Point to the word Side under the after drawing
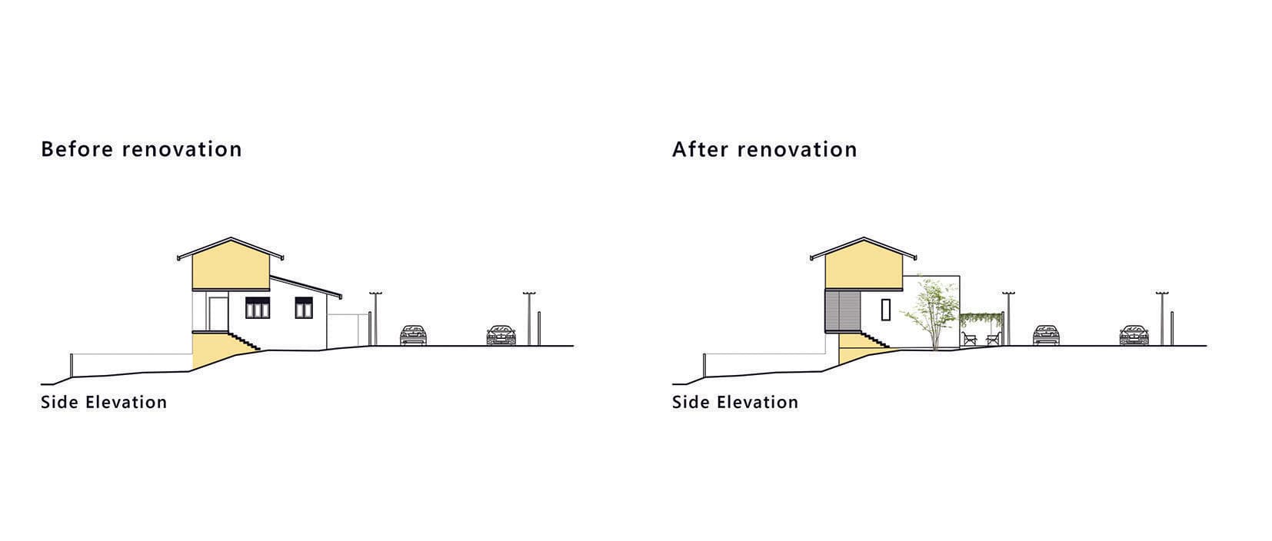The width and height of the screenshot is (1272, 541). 691,403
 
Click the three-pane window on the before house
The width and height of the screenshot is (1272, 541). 257,309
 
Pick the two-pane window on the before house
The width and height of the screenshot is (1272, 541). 304,309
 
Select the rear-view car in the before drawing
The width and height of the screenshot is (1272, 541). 413,335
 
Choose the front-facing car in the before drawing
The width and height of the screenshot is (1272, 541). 500,335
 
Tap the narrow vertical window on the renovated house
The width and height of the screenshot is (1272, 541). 886,309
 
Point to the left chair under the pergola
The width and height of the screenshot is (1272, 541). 969,338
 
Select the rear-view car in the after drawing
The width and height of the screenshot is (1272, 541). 1045,335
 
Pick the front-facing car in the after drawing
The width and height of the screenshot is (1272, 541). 1133,335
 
